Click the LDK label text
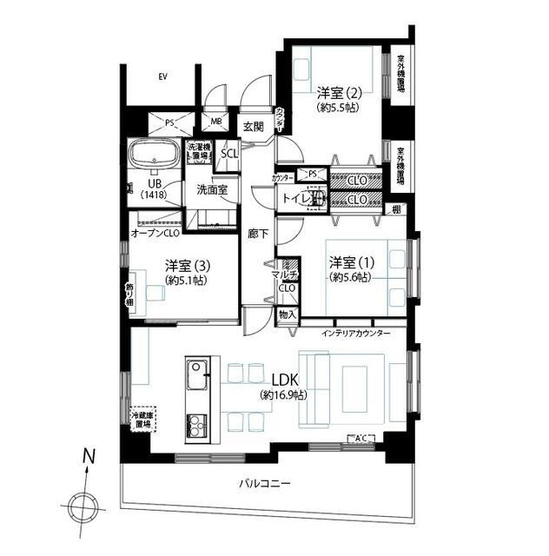(x=285, y=381)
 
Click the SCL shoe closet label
(x=229, y=154)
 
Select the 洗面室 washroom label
(x=211, y=189)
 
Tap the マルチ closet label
(x=285, y=275)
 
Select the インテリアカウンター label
(x=355, y=334)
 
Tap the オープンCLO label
(x=155, y=233)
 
